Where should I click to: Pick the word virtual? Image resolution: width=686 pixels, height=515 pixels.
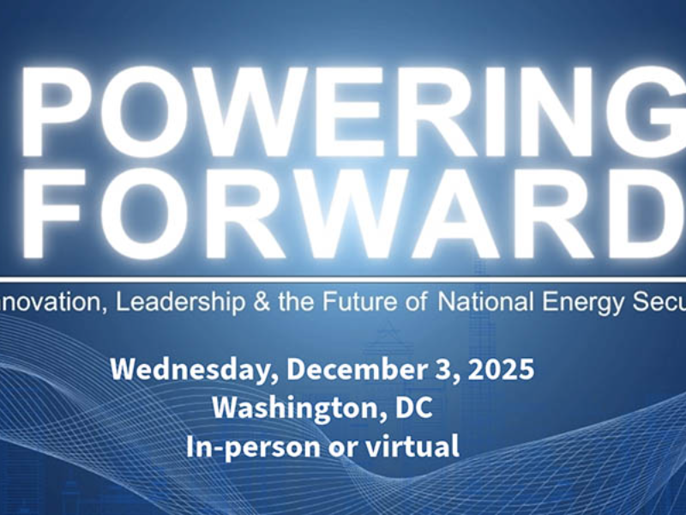point(415,446)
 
